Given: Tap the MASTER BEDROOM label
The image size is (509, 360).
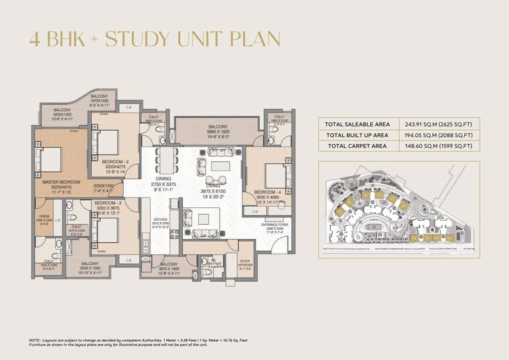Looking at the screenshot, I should tap(61, 182).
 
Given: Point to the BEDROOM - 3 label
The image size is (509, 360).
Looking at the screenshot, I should tap(107, 203).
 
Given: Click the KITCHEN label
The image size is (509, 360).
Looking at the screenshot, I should tap(159, 219).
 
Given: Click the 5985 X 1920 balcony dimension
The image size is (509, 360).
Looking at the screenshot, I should tap(218, 132).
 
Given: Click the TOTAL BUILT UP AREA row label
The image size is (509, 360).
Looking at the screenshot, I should tap(358, 134).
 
